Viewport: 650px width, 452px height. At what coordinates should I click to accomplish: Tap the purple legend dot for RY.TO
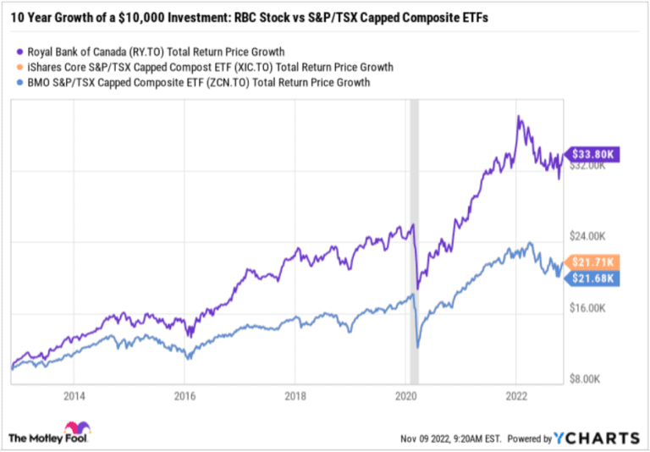pos(19,52)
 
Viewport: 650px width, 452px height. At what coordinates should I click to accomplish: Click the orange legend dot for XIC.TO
pos(19,67)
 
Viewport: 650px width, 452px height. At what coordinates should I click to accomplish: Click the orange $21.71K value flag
pos(597,262)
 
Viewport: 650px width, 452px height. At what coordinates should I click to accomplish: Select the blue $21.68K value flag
pos(597,278)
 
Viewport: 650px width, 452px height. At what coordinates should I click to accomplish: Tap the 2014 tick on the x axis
pos(74,395)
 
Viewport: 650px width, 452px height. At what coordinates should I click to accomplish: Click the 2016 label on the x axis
pos(185,395)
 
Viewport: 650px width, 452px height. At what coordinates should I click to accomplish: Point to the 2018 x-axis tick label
pos(295,395)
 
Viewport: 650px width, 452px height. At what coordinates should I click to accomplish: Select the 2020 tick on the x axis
pos(406,395)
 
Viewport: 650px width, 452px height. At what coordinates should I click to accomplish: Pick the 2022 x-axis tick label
pos(517,395)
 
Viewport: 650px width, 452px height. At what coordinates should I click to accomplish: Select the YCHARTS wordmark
pos(597,438)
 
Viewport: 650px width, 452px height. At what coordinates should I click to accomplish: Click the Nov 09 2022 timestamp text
pos(454,438)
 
